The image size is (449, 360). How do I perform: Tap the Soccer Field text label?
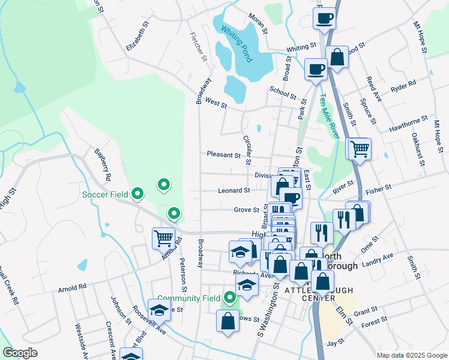click(x=105, y=194)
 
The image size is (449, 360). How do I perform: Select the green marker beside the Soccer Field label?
click(x=137, y=193)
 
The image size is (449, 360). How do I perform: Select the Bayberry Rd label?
click(x=103, y=166)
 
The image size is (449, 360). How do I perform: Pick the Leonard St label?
click(x=234, y=191)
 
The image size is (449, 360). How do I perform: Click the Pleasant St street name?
click(x=223, y=155)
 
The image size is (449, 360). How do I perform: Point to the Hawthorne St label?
click(x=408, y=124)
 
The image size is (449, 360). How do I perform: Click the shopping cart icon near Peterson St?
click(x=163, y=238)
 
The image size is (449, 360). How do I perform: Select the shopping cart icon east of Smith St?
click(x=360, y=149)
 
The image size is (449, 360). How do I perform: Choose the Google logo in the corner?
click(x=20, y=353)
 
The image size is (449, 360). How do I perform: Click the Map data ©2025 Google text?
click(x=411, y=355)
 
